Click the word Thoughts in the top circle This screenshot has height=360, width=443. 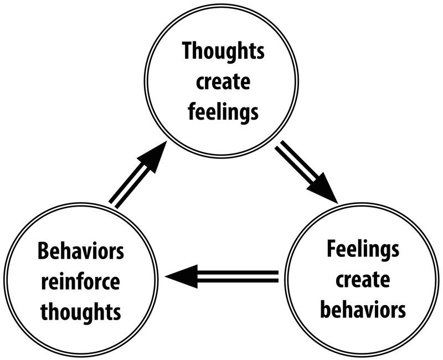coord(223,53)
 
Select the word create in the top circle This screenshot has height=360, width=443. coord(223,82)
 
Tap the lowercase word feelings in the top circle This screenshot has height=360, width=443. coord(223,111)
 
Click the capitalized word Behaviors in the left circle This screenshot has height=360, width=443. coord(80,253)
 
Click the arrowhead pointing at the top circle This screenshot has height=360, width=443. coord(154,155)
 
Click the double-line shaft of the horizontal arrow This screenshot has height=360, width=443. coord(238,275)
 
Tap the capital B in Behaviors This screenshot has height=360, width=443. coord(43,253)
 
